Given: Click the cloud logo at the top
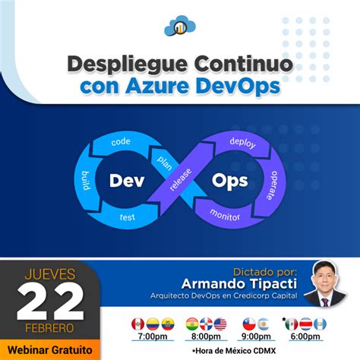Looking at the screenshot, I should tap(179, 26).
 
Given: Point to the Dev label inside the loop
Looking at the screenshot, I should tap(127, 181).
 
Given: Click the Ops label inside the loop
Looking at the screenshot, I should tap(229, 181).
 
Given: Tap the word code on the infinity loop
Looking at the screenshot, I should tap(121, 141).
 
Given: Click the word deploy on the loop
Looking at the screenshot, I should tap(242, 141).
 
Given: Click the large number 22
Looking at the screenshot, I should tap(51, 303).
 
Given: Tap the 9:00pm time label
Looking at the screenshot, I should tap(256, 336).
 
